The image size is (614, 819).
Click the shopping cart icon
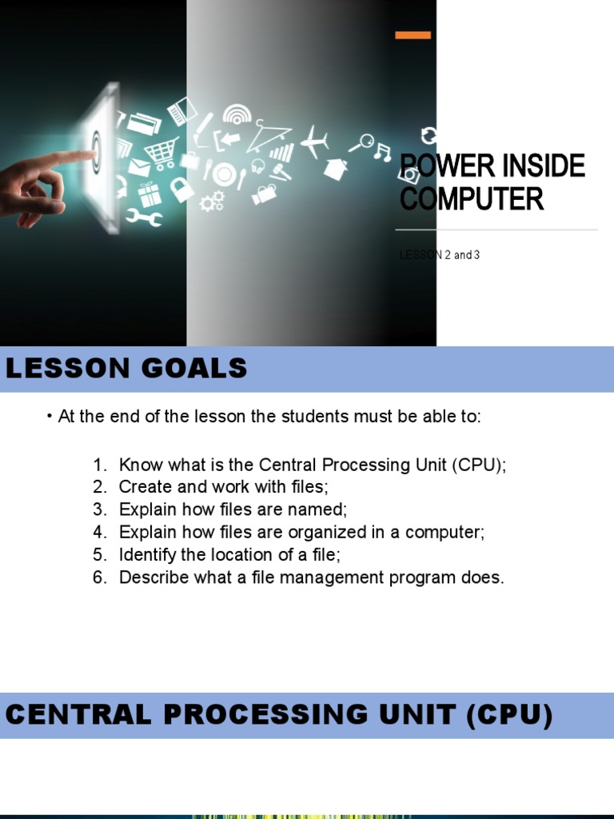[x=161, y=151]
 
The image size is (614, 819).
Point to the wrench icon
[x=144, y=216]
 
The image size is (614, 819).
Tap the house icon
[x=336, y=168]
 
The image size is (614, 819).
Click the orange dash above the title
[x=413, y=35]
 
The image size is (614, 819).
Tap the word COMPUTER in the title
[x=472, y=198]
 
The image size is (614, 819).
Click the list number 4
[x=99, y=532]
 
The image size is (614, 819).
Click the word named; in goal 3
[x=320, y=509]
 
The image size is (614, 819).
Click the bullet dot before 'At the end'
[x=50, y=417]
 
